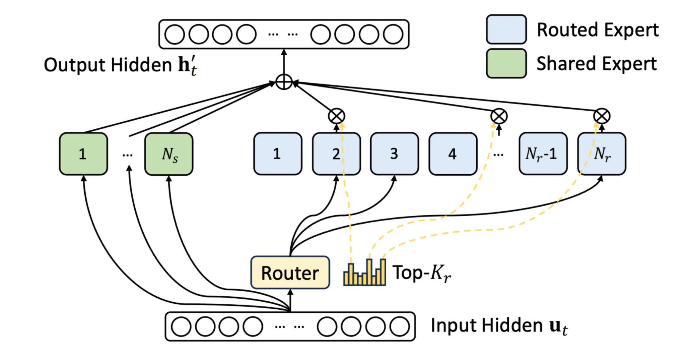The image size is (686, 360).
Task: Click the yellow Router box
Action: [x=290, y=273]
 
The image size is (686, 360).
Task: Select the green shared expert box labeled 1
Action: [x=83, y=154]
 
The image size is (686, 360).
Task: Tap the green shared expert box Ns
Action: [x=169, y=154]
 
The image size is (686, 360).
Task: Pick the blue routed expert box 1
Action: [x=278, y=154]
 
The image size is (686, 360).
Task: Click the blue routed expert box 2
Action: [x=336, y=154]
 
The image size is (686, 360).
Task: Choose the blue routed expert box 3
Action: [x=394, y=154]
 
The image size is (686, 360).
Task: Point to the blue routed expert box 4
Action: [x=453, y=154]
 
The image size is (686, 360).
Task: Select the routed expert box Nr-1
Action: [x=543, y=154]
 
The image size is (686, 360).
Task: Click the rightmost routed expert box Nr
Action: [x=602, y=154]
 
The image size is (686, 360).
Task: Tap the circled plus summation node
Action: [x=284, y=82]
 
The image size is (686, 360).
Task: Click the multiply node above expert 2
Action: [x=336, y=116]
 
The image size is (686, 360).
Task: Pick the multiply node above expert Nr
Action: [x=602, y=116]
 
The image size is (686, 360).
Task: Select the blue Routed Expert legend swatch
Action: [x=506, y=29]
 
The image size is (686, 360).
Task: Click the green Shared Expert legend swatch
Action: [x=506, y=63]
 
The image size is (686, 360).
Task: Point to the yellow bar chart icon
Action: [x=365, y=273]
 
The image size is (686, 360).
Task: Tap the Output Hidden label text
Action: [x=120, y=65]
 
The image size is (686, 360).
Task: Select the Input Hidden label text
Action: [x=499, y=325]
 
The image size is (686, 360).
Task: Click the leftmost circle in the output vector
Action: [x=175, y=34]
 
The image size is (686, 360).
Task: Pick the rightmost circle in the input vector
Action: [x=400, y=326]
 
